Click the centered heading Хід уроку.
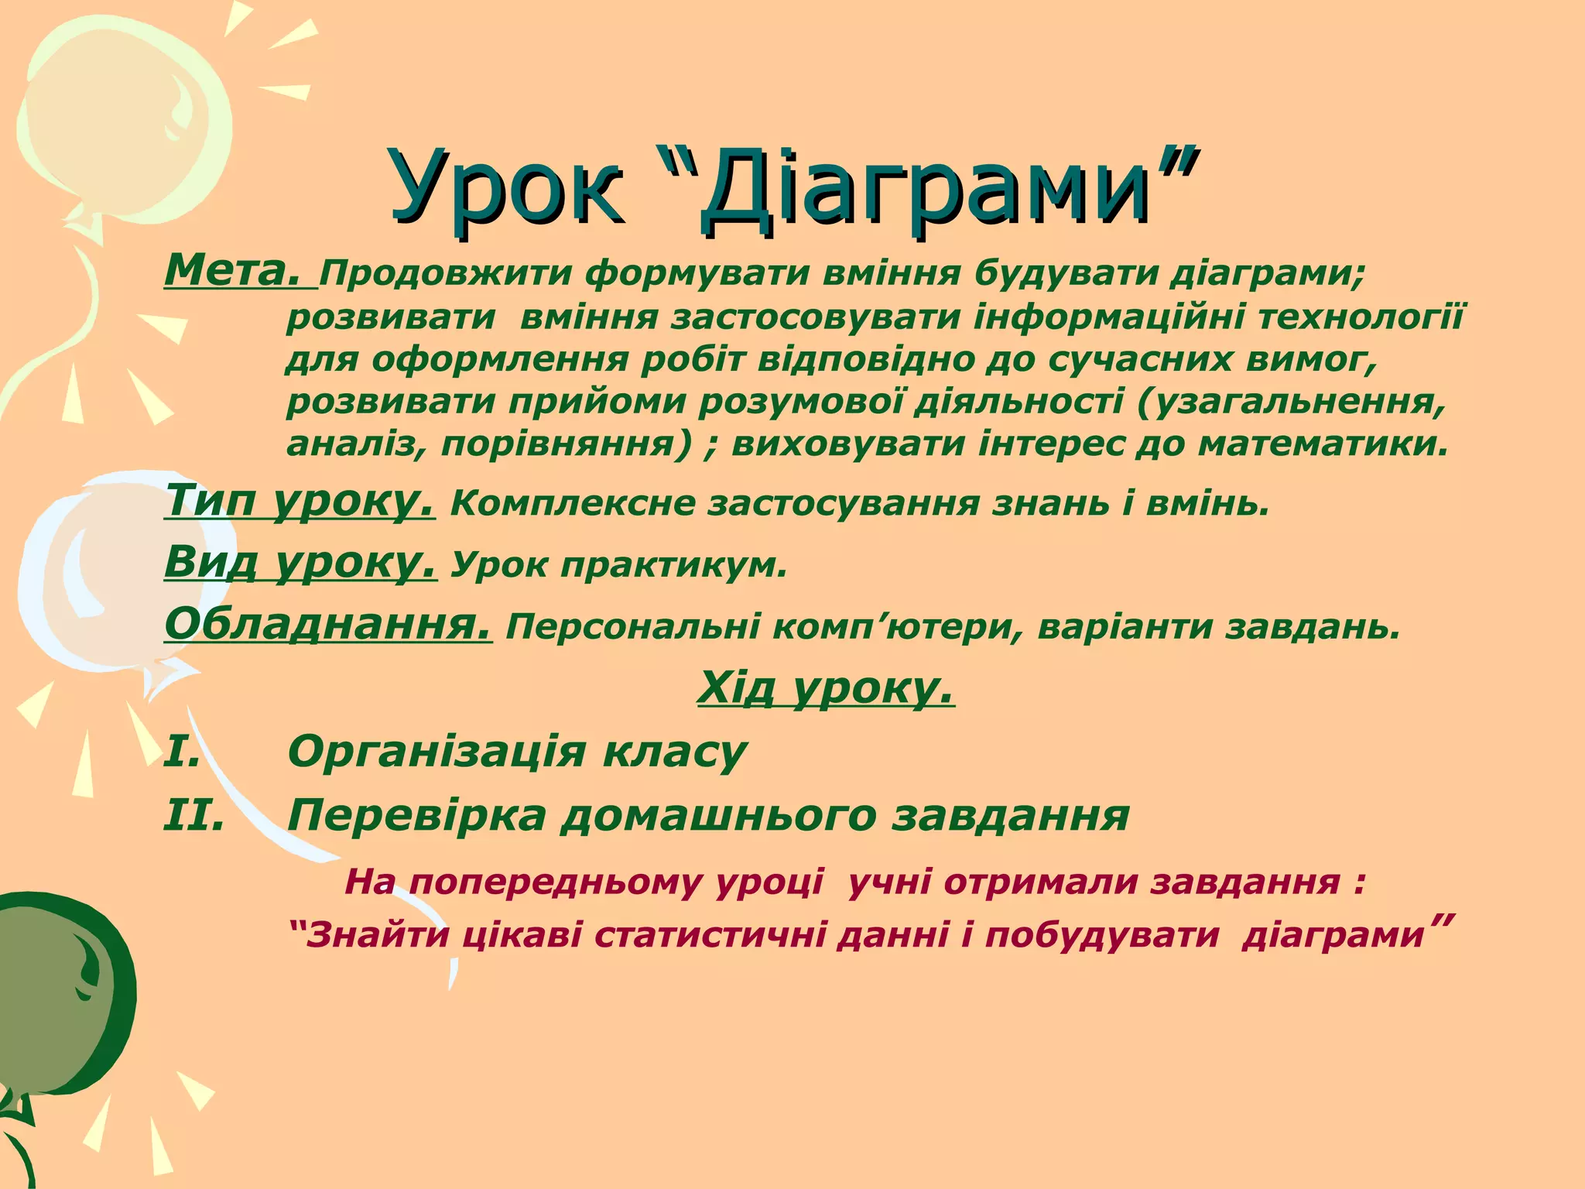click(826, 687)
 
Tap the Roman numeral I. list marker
click(183, 752)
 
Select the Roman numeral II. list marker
click(194, 815)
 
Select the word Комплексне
click(572, 504)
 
